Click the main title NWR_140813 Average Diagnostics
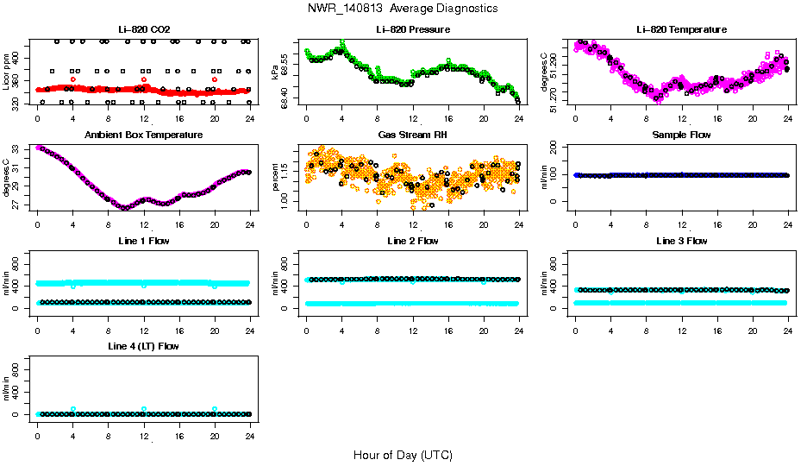pos(402,9)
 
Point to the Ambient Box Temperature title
pos(143,135)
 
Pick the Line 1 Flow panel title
pos(143,241)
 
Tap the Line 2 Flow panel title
pos(412,241)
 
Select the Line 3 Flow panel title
pos(681,241)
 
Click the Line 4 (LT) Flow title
pos(143,346)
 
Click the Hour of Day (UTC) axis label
pos(402,455)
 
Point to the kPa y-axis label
pos(276,73)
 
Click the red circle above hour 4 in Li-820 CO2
pos(73,79)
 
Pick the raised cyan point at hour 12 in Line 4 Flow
pos(144,409)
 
